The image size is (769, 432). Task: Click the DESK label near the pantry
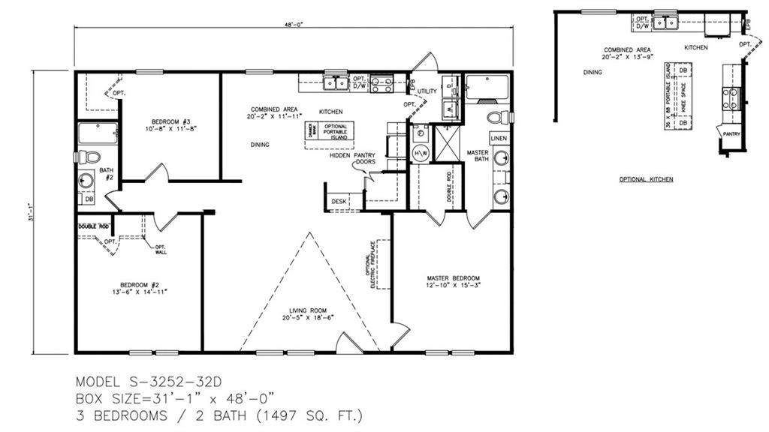tap(339, 201)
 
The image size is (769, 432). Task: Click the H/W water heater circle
tap(419, 154)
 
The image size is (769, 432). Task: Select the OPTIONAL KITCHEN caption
tap(646, 180)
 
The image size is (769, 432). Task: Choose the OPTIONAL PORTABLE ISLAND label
tap(335, 132)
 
